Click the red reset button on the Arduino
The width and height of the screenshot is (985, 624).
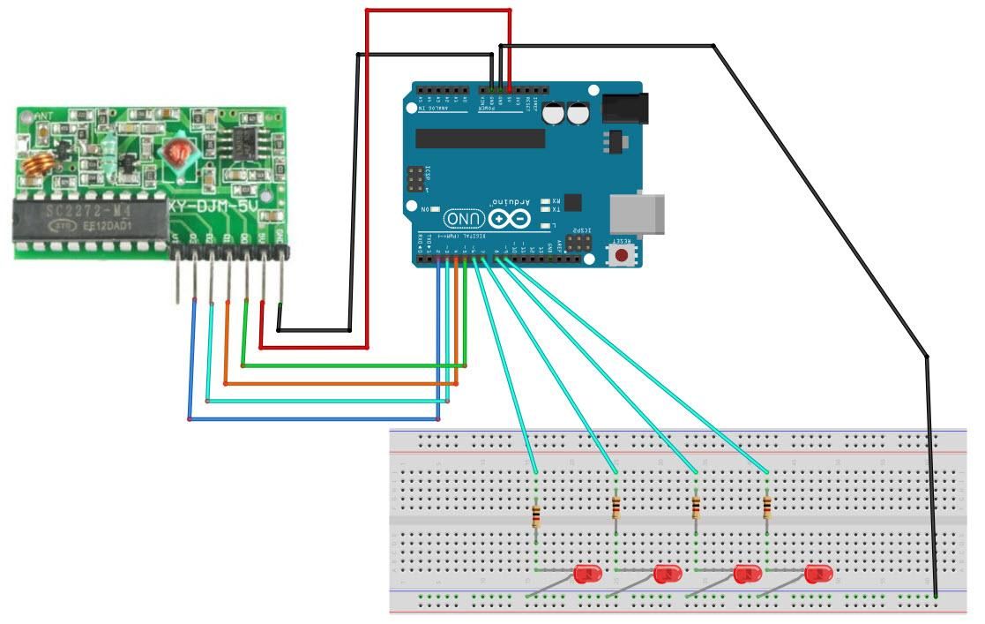click(623, 255)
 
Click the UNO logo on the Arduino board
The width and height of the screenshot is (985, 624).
click(465, 217)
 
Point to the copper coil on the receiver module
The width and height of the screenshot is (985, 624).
click(39, 162)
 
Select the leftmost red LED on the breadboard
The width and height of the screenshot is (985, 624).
click(586, 574)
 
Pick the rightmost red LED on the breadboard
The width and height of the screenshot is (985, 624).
click(817, 575)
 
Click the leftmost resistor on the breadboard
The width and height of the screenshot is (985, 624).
click(536, 515)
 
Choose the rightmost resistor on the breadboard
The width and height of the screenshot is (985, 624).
click(766, 507)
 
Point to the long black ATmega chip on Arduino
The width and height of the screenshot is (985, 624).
click(480, 139)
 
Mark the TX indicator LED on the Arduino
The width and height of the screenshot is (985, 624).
click(546, 210)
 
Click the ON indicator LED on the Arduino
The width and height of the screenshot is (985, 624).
click(434, 208)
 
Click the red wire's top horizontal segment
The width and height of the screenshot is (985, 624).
click(438, 11)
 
